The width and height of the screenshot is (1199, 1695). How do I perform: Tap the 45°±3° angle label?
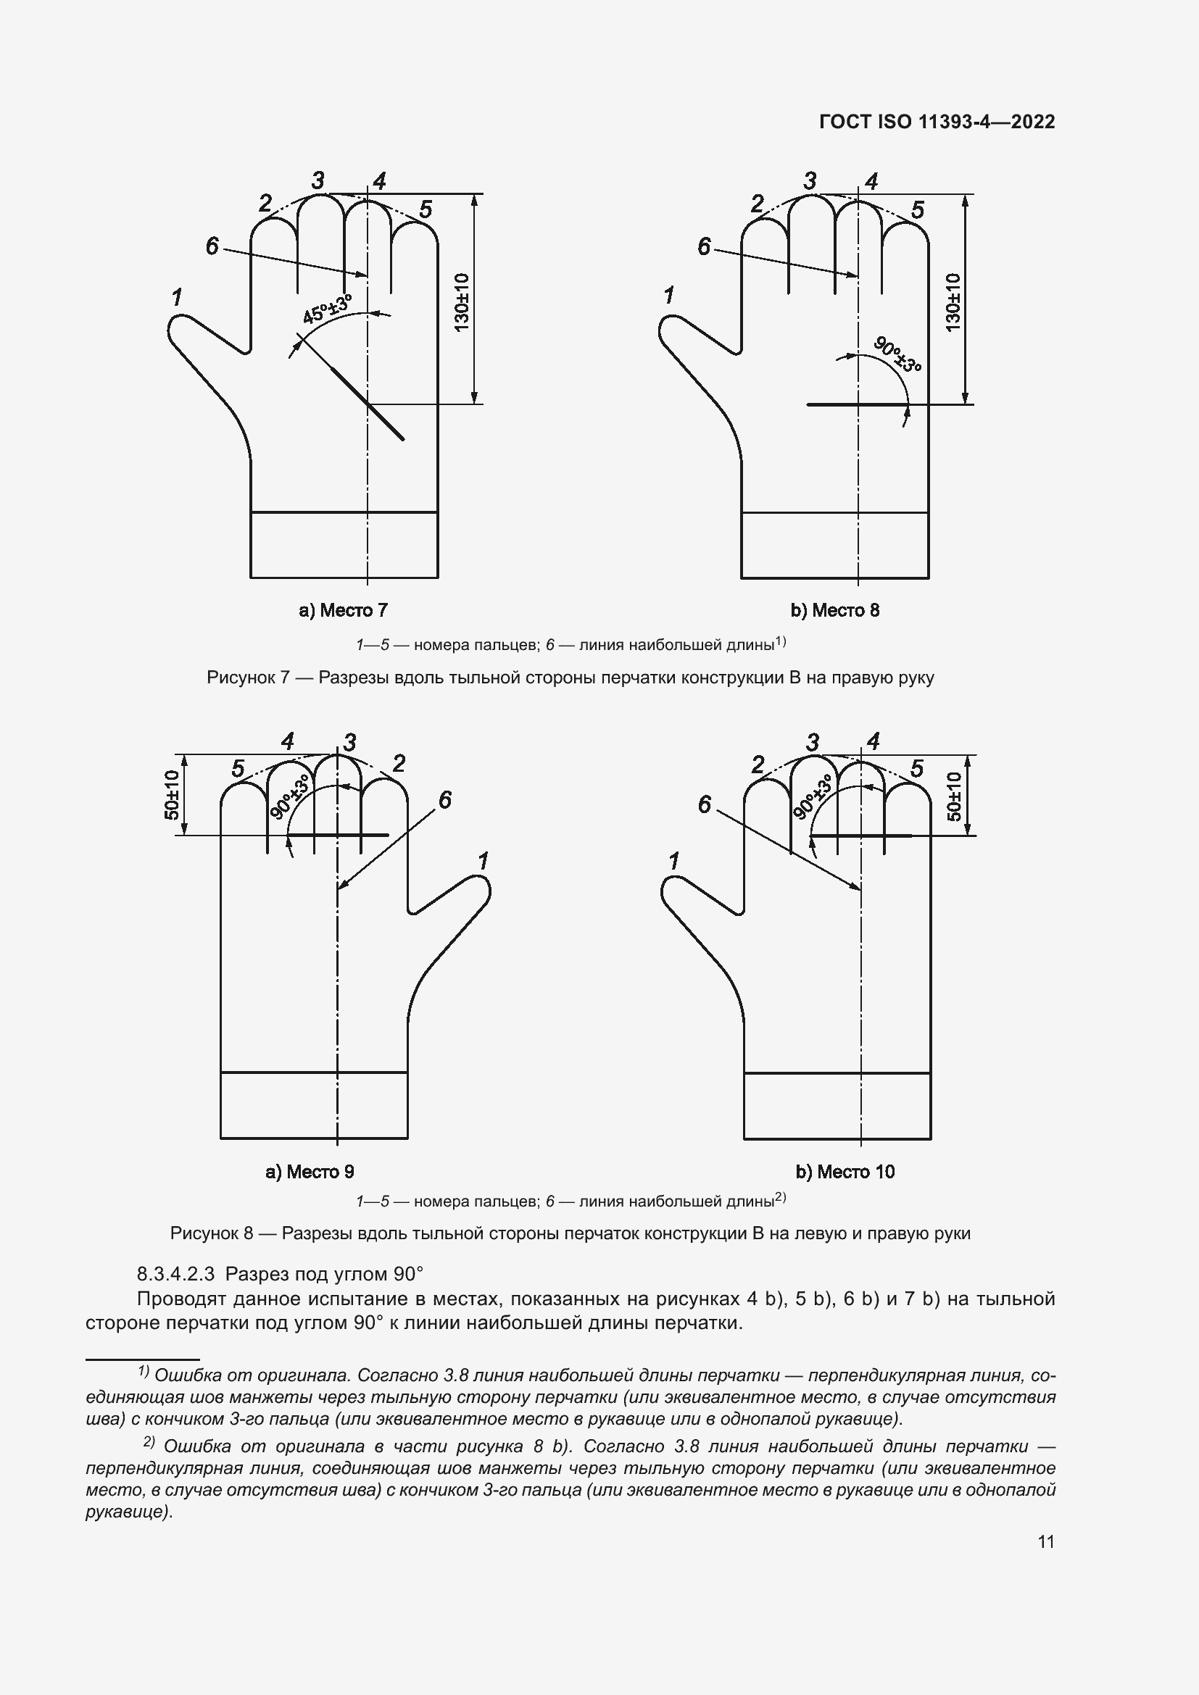(x=327, y=308)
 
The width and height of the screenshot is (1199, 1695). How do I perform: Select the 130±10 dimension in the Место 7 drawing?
(x=462, y=302)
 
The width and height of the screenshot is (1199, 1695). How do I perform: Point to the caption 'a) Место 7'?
(x=343, y=610)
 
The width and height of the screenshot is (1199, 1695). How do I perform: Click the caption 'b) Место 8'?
(x=835, y=610)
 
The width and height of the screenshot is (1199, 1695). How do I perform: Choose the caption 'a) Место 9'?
(x=310, y=1172)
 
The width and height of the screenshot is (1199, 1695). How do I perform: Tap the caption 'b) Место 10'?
(x=845, y=1172)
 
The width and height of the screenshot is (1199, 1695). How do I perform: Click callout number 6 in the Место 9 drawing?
(x=445, y=800)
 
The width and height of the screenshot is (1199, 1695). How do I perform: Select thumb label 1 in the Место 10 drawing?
(x=673, y=861)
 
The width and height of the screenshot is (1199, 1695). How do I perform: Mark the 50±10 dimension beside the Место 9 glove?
(x=172, y=794)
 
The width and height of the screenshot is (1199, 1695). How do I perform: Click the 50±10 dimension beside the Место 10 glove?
(x=955, y=796)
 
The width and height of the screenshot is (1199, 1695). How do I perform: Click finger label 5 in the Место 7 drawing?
(x=426, y=209)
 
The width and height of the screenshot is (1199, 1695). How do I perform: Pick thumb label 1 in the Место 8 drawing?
(x=669, y=296)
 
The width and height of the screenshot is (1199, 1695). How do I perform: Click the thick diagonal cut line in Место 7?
(x=367, y=402)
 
